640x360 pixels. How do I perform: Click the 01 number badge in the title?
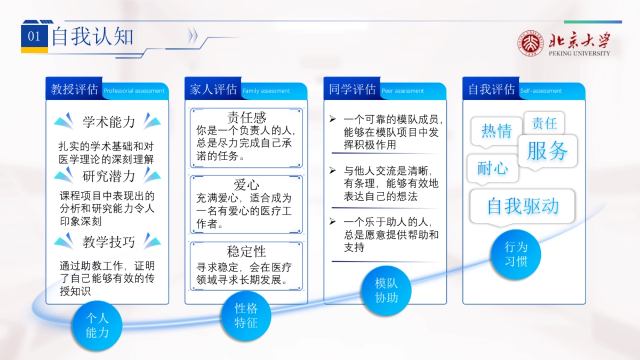(34, 36)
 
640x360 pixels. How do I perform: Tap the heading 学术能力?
(109, 122)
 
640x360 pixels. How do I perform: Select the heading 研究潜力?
(109, 176)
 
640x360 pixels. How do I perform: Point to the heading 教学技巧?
(109, 242)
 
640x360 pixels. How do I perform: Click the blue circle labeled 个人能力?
(97, 325)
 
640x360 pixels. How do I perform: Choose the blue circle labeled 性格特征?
(246, 315)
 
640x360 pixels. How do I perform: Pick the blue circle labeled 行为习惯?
(516, 254)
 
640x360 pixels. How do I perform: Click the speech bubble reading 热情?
(497, 131)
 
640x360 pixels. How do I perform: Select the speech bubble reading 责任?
(544, 124)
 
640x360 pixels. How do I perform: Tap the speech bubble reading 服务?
(548, 151)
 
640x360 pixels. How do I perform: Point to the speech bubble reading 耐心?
(493, 169)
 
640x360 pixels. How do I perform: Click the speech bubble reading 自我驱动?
(523, 206)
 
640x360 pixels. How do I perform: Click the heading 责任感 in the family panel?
(246, 117)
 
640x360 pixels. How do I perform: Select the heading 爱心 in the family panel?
(246, 185)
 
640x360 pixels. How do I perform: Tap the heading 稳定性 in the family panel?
(246, 251)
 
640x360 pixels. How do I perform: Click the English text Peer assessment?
(403, 91)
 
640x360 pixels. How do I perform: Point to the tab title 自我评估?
(491, 90)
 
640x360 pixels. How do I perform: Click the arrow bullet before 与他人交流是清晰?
(332, 170)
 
